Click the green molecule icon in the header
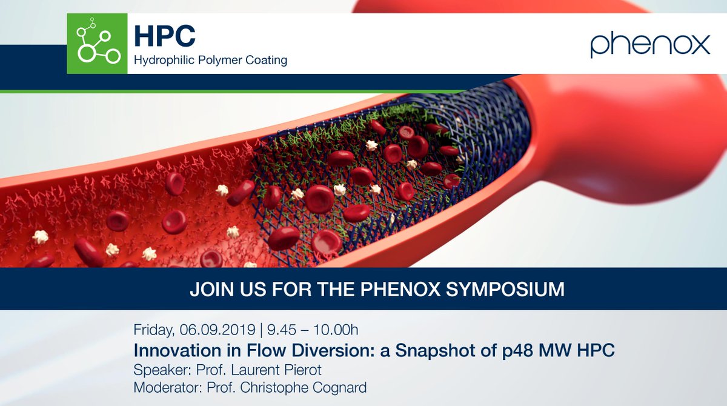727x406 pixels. [x=97, y=44]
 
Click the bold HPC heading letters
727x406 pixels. [x=165, y=36]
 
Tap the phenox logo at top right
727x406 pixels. [x=650, y=45]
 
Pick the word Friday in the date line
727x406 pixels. [x=154, y=331]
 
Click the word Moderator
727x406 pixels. [x=161, y=387]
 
